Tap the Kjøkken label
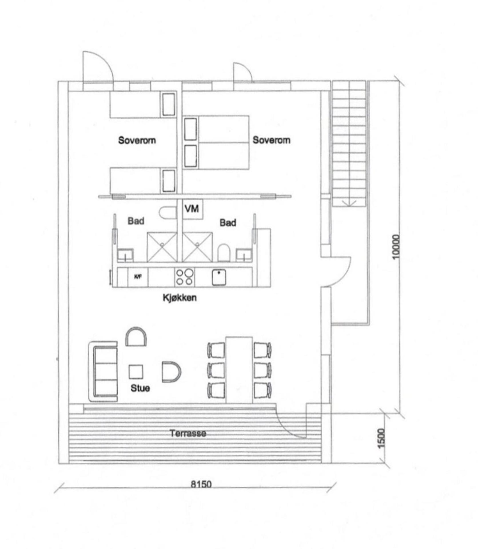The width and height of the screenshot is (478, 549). [x=180, y=298]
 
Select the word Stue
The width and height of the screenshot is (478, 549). [x=140, y=388]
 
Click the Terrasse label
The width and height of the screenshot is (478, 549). [x=188, y=433]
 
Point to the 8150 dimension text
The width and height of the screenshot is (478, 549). [x=201, y=484]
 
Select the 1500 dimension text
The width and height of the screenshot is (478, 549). [x=381, y=438]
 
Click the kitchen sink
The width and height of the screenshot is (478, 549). [x=219, y=277]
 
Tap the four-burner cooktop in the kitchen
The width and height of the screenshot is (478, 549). [x=184, y=277]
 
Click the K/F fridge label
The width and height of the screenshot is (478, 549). [x=138, y=277]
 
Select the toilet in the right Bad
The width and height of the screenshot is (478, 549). [x=224, y=252]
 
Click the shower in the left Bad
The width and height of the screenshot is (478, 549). [x=162, y=247]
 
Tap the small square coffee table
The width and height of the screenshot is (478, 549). [x=136, y=372]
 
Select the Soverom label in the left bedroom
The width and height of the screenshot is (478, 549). [x=137, y=140]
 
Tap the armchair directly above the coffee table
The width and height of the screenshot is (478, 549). [x=136, y=337]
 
